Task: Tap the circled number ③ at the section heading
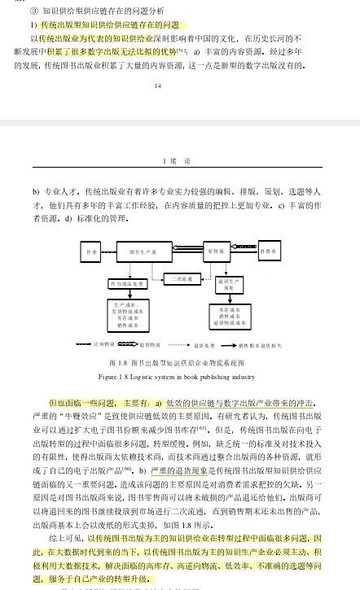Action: tap(33, 12)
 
